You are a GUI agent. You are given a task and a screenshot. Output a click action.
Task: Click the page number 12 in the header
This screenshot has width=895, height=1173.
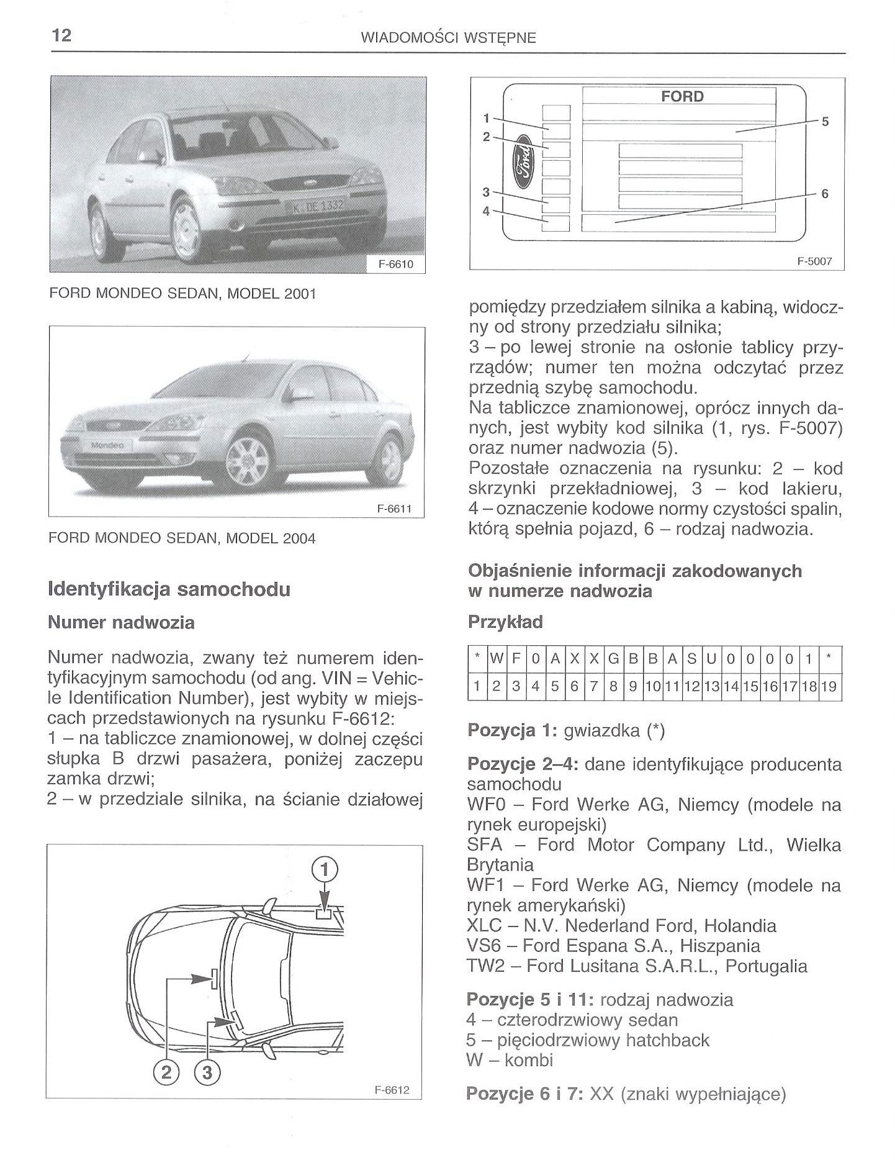(61, 35)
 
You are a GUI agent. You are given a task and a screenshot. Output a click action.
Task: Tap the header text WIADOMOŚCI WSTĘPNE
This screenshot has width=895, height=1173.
(447, 38)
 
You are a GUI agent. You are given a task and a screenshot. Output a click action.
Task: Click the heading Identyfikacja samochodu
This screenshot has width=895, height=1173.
(169, 589)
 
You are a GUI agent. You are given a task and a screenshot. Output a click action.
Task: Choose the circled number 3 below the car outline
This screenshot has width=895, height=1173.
(207, 1072)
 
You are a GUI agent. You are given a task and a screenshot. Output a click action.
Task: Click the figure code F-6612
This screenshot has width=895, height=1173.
(392, 1090)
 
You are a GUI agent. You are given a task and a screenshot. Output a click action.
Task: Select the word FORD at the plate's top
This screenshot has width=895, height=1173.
(682, 96)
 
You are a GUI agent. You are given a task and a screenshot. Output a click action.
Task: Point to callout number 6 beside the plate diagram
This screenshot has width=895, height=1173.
(824, 194)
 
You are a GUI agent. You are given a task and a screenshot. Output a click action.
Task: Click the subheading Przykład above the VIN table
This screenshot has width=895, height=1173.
(505, 622)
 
